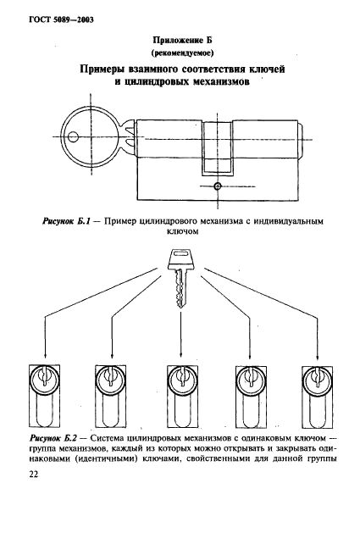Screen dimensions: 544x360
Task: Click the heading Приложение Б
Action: (179, 39)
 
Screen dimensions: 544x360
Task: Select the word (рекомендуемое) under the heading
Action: (179, 52)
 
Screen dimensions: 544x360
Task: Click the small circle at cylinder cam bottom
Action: (218, 186)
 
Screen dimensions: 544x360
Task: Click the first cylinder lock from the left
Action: (43, 397)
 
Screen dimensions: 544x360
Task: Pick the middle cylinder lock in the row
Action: (180, 397)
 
